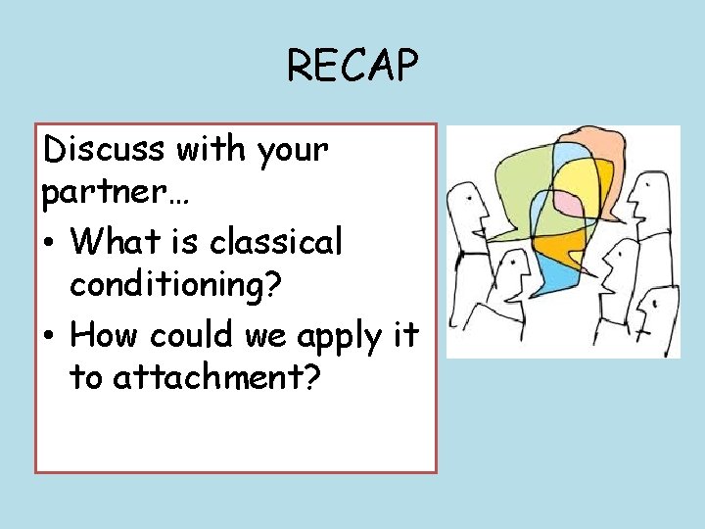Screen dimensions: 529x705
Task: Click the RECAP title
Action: (x=352, y=67)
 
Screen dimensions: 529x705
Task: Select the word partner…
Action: (x=117, y=194)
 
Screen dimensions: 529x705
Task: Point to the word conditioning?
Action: (x=176, y=286)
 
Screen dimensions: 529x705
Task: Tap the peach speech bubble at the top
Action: (x=599, y=147)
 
